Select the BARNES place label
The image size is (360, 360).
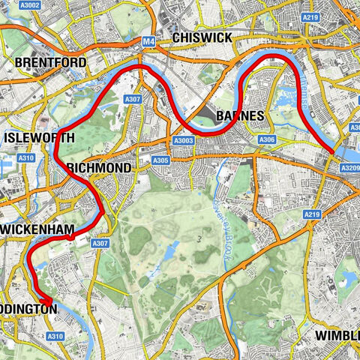(x=238, y=115)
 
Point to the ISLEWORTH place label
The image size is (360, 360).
(x=39, y=139)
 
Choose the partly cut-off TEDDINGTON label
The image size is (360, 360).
(x=27, y=309)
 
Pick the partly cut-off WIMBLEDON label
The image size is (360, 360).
(x=337, y=334)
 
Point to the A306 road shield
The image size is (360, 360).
(x=265, y=139)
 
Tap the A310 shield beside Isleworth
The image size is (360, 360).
(x=25, y=158)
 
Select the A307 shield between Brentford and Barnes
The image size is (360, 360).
(x=133, y=98)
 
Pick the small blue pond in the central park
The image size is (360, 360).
(x=172, y=247)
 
